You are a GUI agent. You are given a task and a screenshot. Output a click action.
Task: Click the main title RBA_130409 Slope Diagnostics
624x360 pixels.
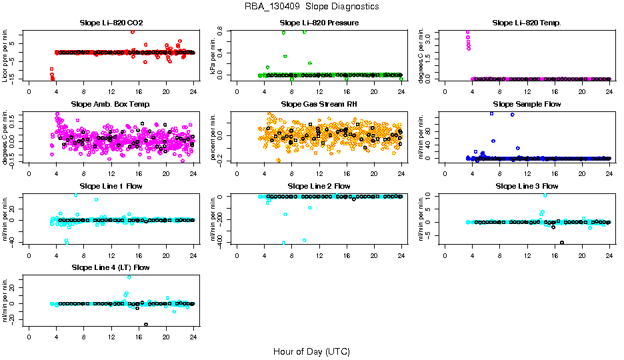[x=312, y=6]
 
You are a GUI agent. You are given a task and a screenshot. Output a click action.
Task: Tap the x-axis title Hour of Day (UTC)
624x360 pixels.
[x=311, y=351]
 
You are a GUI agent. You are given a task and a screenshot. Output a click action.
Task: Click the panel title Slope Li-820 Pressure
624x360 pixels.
[x=319, y=23]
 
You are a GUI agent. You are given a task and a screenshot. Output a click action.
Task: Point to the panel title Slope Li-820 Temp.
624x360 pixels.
[x=527, y=23]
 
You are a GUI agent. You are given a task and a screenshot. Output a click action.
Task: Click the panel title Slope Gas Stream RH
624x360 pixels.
[x=319, y=105]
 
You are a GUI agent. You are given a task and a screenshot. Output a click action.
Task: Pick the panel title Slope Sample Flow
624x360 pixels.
[x=527, y=105]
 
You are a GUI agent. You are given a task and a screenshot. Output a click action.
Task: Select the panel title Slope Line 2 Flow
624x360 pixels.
[x=319, y=186]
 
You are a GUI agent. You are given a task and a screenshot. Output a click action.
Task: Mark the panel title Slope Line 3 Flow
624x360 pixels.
[x=527, y=186]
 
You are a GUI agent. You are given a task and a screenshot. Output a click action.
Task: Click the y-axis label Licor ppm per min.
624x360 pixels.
[x=6, y=55]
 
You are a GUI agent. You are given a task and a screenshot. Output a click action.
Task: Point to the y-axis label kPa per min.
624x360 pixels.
[x=215, y=55]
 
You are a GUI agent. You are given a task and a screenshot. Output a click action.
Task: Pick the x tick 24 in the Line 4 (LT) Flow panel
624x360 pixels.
[x=193, y=337]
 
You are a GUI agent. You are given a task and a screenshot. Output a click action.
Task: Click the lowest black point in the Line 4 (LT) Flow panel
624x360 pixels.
[x=146, y=325]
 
